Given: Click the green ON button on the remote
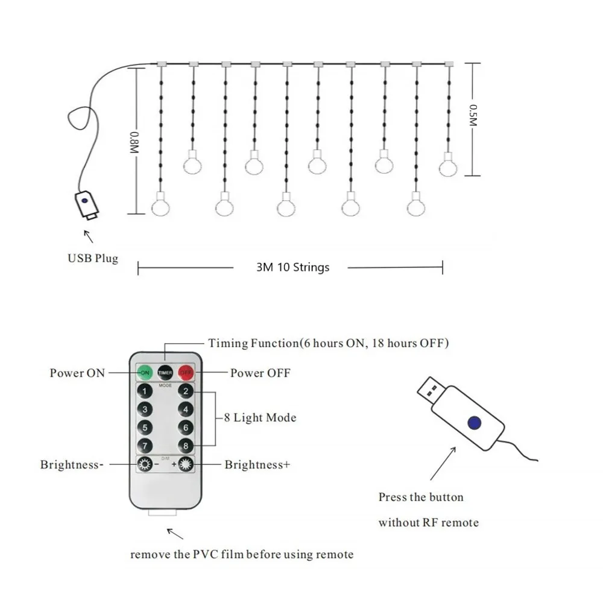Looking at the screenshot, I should coord(145,372).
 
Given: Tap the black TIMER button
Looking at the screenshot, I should coord(165,372).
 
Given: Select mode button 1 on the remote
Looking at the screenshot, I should coord(144,391).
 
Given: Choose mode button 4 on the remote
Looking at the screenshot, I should coord(186,410).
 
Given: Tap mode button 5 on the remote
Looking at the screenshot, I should coord(144,428).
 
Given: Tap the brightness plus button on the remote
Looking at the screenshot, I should coord(186,465).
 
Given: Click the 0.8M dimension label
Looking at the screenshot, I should coord(134,143).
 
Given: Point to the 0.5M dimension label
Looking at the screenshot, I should coord(473,115).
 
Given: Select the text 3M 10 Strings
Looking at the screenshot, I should coord(293,267).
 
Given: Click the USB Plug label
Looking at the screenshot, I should coord(93,259).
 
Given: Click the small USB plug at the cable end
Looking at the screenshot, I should coord(86,205).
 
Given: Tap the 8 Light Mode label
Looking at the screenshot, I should coord(260,417).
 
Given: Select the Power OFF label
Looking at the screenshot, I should coord(260,373).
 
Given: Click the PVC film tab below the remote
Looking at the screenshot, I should coord(163,513).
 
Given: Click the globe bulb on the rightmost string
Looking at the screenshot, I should coord(448,165).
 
